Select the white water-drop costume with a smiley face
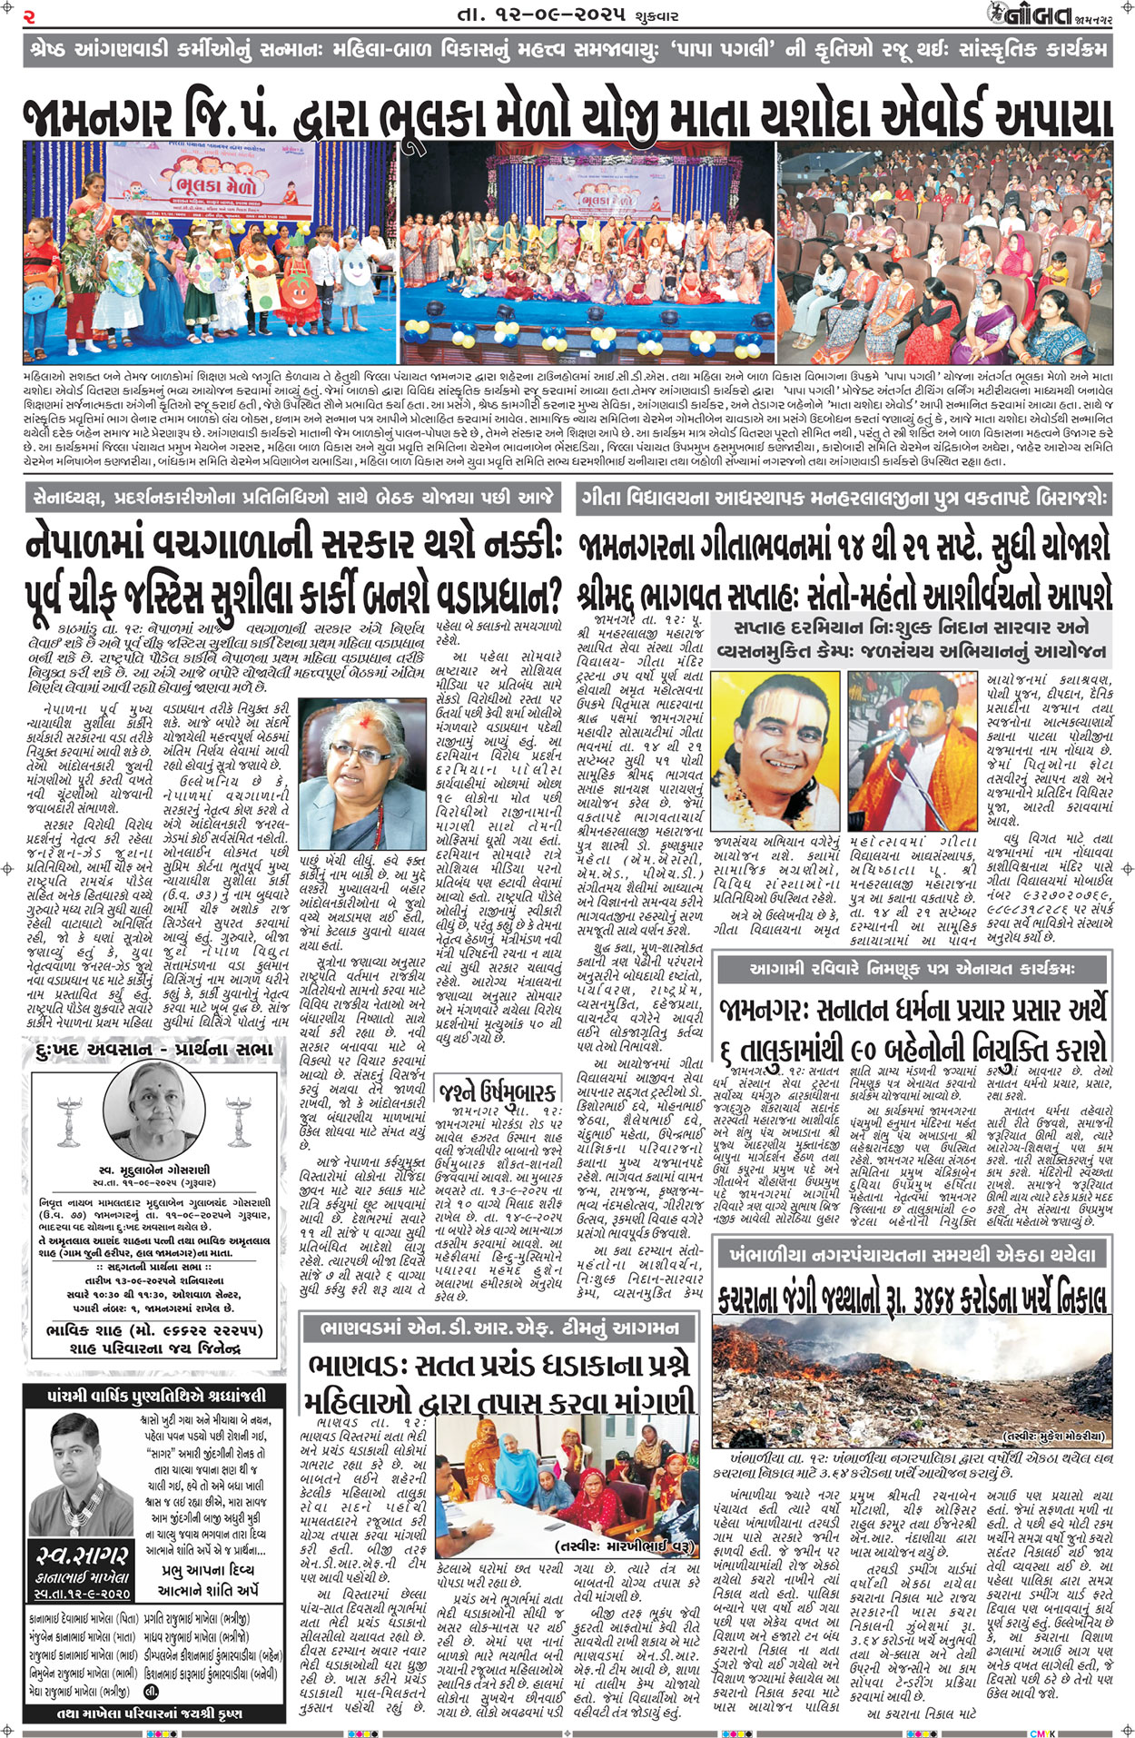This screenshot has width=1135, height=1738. [x=357, y=270]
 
